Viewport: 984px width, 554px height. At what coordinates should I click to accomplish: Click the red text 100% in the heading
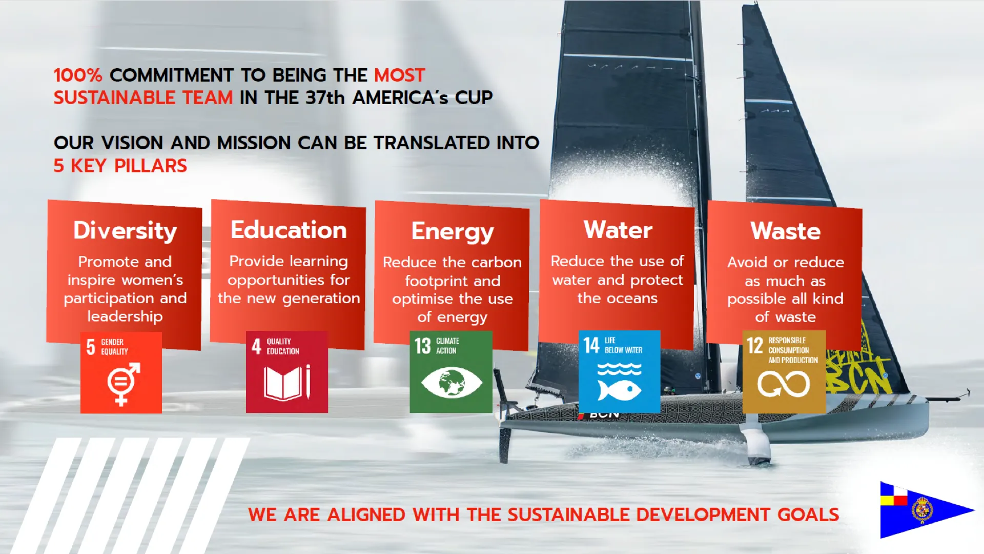[x=78, y=75]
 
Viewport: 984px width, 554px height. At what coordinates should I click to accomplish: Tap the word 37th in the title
[x=325, y=97]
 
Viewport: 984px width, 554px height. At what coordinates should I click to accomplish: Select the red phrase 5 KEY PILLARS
[x=120, y=166]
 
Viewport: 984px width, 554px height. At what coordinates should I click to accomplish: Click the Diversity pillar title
[x=125, y=230]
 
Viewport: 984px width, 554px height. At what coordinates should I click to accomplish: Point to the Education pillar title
[x=289, y=229]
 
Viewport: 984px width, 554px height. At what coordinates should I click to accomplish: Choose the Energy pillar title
[x=453, y=232]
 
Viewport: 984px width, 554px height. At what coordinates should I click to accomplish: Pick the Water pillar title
[x=618, y=229]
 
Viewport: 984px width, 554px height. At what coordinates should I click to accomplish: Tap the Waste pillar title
[x=786, y=231]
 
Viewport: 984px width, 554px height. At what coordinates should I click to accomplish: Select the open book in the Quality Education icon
[x=283, y=384]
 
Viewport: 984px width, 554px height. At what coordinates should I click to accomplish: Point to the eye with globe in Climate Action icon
[x=452, y=383]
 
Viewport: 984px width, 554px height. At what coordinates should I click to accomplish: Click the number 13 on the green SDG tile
[x=423, y=346]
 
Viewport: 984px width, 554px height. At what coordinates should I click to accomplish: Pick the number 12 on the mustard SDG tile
[x=755, y=346]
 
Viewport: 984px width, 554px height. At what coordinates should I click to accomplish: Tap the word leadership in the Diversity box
[x=125, y=316]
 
